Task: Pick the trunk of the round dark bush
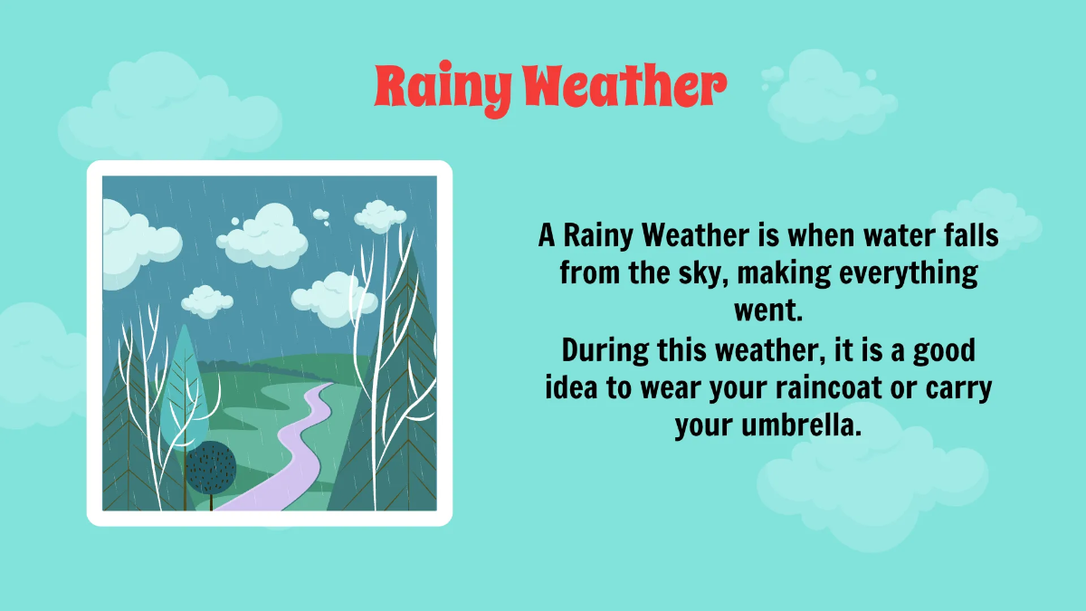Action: (211, 500)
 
